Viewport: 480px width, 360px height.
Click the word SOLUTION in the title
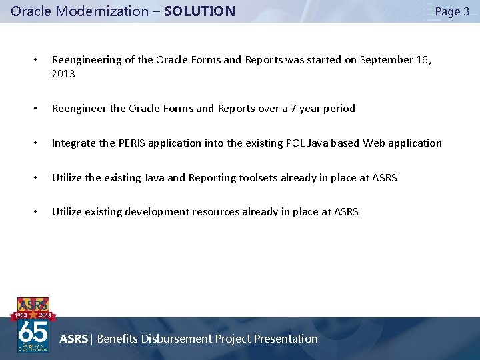click(x=199, y=11)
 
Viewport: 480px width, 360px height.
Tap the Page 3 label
click(x=452, y=11)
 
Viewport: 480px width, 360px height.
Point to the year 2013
click(x=63, y=74)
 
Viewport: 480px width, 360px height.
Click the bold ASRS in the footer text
click(x=73, y=339)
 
